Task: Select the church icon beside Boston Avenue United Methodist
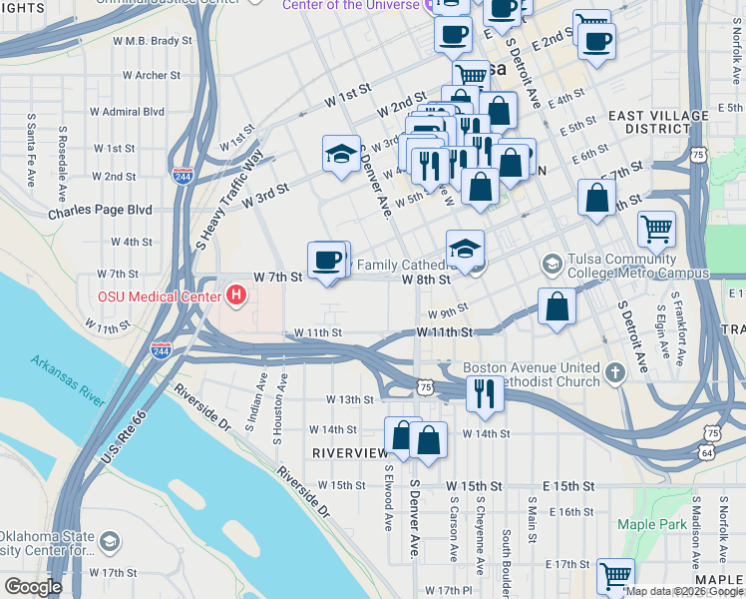pos(615,373)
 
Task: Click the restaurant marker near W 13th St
pos(485,391)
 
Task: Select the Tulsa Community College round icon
pos(552,265)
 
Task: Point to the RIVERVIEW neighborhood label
pos(349,452)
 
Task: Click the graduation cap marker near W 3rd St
pos(341,155)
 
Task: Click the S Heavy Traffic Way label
pos(230,199)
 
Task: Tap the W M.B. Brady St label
pos(152,41)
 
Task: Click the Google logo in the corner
pos(33,587)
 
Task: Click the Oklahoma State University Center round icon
pos(110,542)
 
